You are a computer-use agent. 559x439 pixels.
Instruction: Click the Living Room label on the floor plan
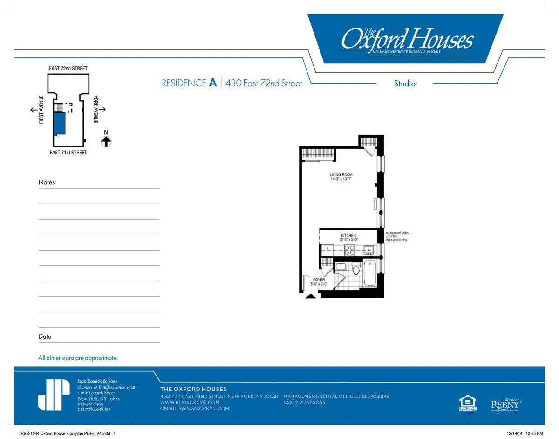(344, 175)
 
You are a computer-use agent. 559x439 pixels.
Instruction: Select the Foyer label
(319, 280)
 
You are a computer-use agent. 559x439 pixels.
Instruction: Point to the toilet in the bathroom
(356, 269)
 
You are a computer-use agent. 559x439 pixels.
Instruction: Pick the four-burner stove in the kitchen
(350, 249)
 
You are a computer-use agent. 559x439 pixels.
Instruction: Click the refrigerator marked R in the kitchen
(327, 248)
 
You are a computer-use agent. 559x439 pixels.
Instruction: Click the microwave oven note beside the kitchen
(396, 236)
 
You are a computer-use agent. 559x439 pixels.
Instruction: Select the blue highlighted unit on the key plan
(59, 125)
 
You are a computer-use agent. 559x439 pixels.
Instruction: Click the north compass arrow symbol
(106, 141)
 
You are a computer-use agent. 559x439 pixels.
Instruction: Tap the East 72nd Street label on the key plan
(68, 69)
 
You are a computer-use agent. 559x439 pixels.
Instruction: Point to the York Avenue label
(95, 109)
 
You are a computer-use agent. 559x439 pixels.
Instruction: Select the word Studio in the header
(404, 84)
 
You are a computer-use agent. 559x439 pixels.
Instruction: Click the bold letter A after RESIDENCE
(213, 83)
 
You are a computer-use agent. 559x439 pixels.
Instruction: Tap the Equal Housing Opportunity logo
(468, 403)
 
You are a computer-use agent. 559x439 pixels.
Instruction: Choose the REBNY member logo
(505, 404)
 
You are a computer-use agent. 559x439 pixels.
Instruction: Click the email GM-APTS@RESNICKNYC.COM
(195, 409)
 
